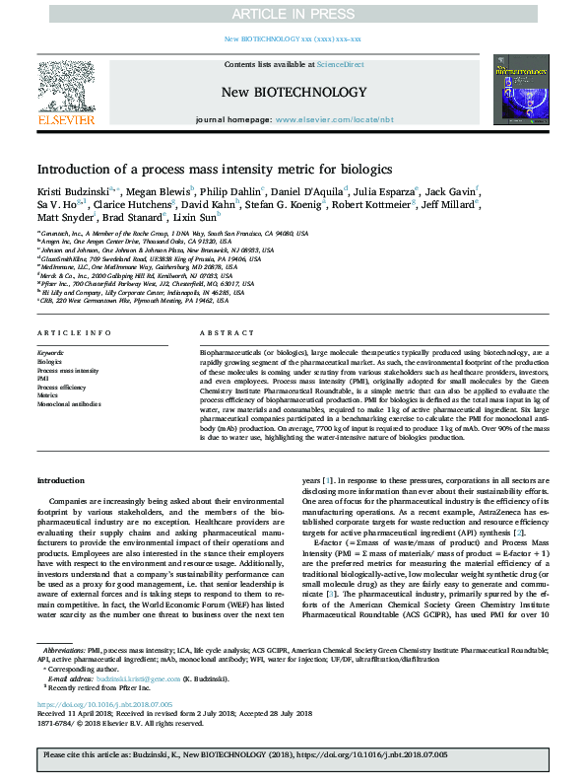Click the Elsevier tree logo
[65, 87]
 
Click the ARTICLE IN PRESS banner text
[293, 14]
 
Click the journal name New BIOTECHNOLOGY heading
[293, 92]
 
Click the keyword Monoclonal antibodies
[69, 404]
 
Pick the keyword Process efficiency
[63, 387]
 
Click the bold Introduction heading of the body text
[61, 480]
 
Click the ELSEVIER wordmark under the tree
[65, 119]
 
